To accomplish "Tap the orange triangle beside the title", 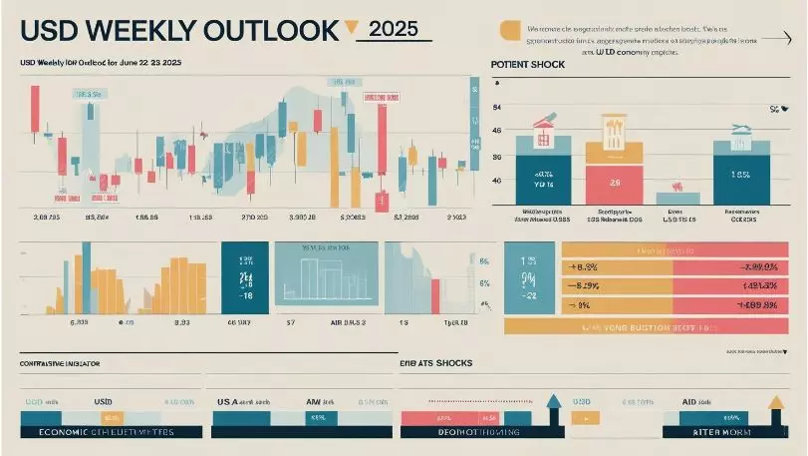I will tap(351, 28).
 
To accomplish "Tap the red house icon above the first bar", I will tap(543, 130).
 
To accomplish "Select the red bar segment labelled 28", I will tap(615, 183).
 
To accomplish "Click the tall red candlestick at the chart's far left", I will tap(35, 110).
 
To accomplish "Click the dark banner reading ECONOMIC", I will tap(100, 432).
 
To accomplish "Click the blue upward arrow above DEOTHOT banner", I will tap(554, 405).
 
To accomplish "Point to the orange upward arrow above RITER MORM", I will tap(776, 404).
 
